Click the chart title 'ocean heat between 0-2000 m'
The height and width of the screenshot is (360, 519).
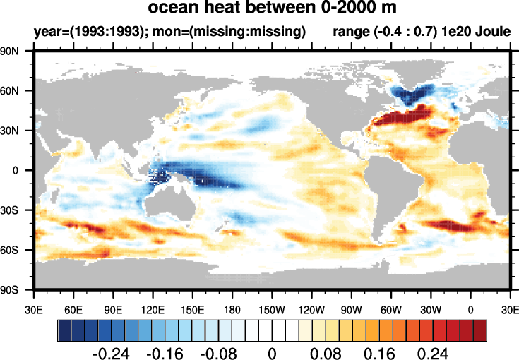(272, 9)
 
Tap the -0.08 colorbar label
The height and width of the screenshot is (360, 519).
(221, 352)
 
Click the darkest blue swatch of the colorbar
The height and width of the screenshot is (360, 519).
(64, 330)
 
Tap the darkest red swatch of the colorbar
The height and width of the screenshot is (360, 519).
(480, 330)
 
